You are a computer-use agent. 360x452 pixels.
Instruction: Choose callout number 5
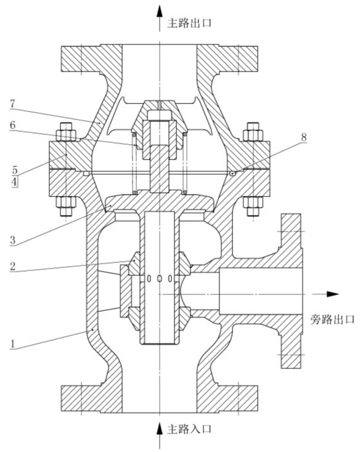12,167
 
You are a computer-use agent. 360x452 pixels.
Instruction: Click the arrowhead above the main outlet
160,10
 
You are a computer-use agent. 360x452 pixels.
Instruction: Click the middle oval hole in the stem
160,279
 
